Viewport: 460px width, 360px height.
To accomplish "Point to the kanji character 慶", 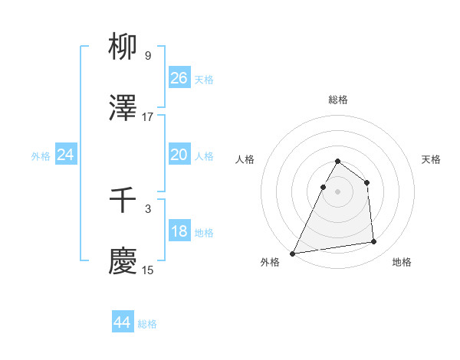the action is [123, 261].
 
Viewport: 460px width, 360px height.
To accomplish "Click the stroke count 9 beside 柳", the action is [147, 56].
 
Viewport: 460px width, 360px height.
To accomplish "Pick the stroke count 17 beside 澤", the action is [147, 117].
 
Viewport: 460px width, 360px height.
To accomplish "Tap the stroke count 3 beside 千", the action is [147, 208].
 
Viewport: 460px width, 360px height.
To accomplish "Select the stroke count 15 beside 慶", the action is [147, 270].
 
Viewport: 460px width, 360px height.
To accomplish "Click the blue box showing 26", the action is [179, 78].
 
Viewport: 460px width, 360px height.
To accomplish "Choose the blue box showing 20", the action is [179, 155].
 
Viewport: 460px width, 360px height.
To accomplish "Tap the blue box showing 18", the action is [179, 231].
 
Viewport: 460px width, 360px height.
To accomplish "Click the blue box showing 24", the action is [66, 155].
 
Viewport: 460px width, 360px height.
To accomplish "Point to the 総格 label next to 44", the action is [147, 324].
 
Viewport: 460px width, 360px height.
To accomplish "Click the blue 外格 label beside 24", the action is [41, 156].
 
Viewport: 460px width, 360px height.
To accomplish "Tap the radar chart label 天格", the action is [432, 159].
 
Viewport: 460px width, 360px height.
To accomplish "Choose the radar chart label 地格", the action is [402, 262].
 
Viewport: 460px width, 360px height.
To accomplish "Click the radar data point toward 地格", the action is [374, 242].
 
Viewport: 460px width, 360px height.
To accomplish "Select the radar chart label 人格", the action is [245, 159].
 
